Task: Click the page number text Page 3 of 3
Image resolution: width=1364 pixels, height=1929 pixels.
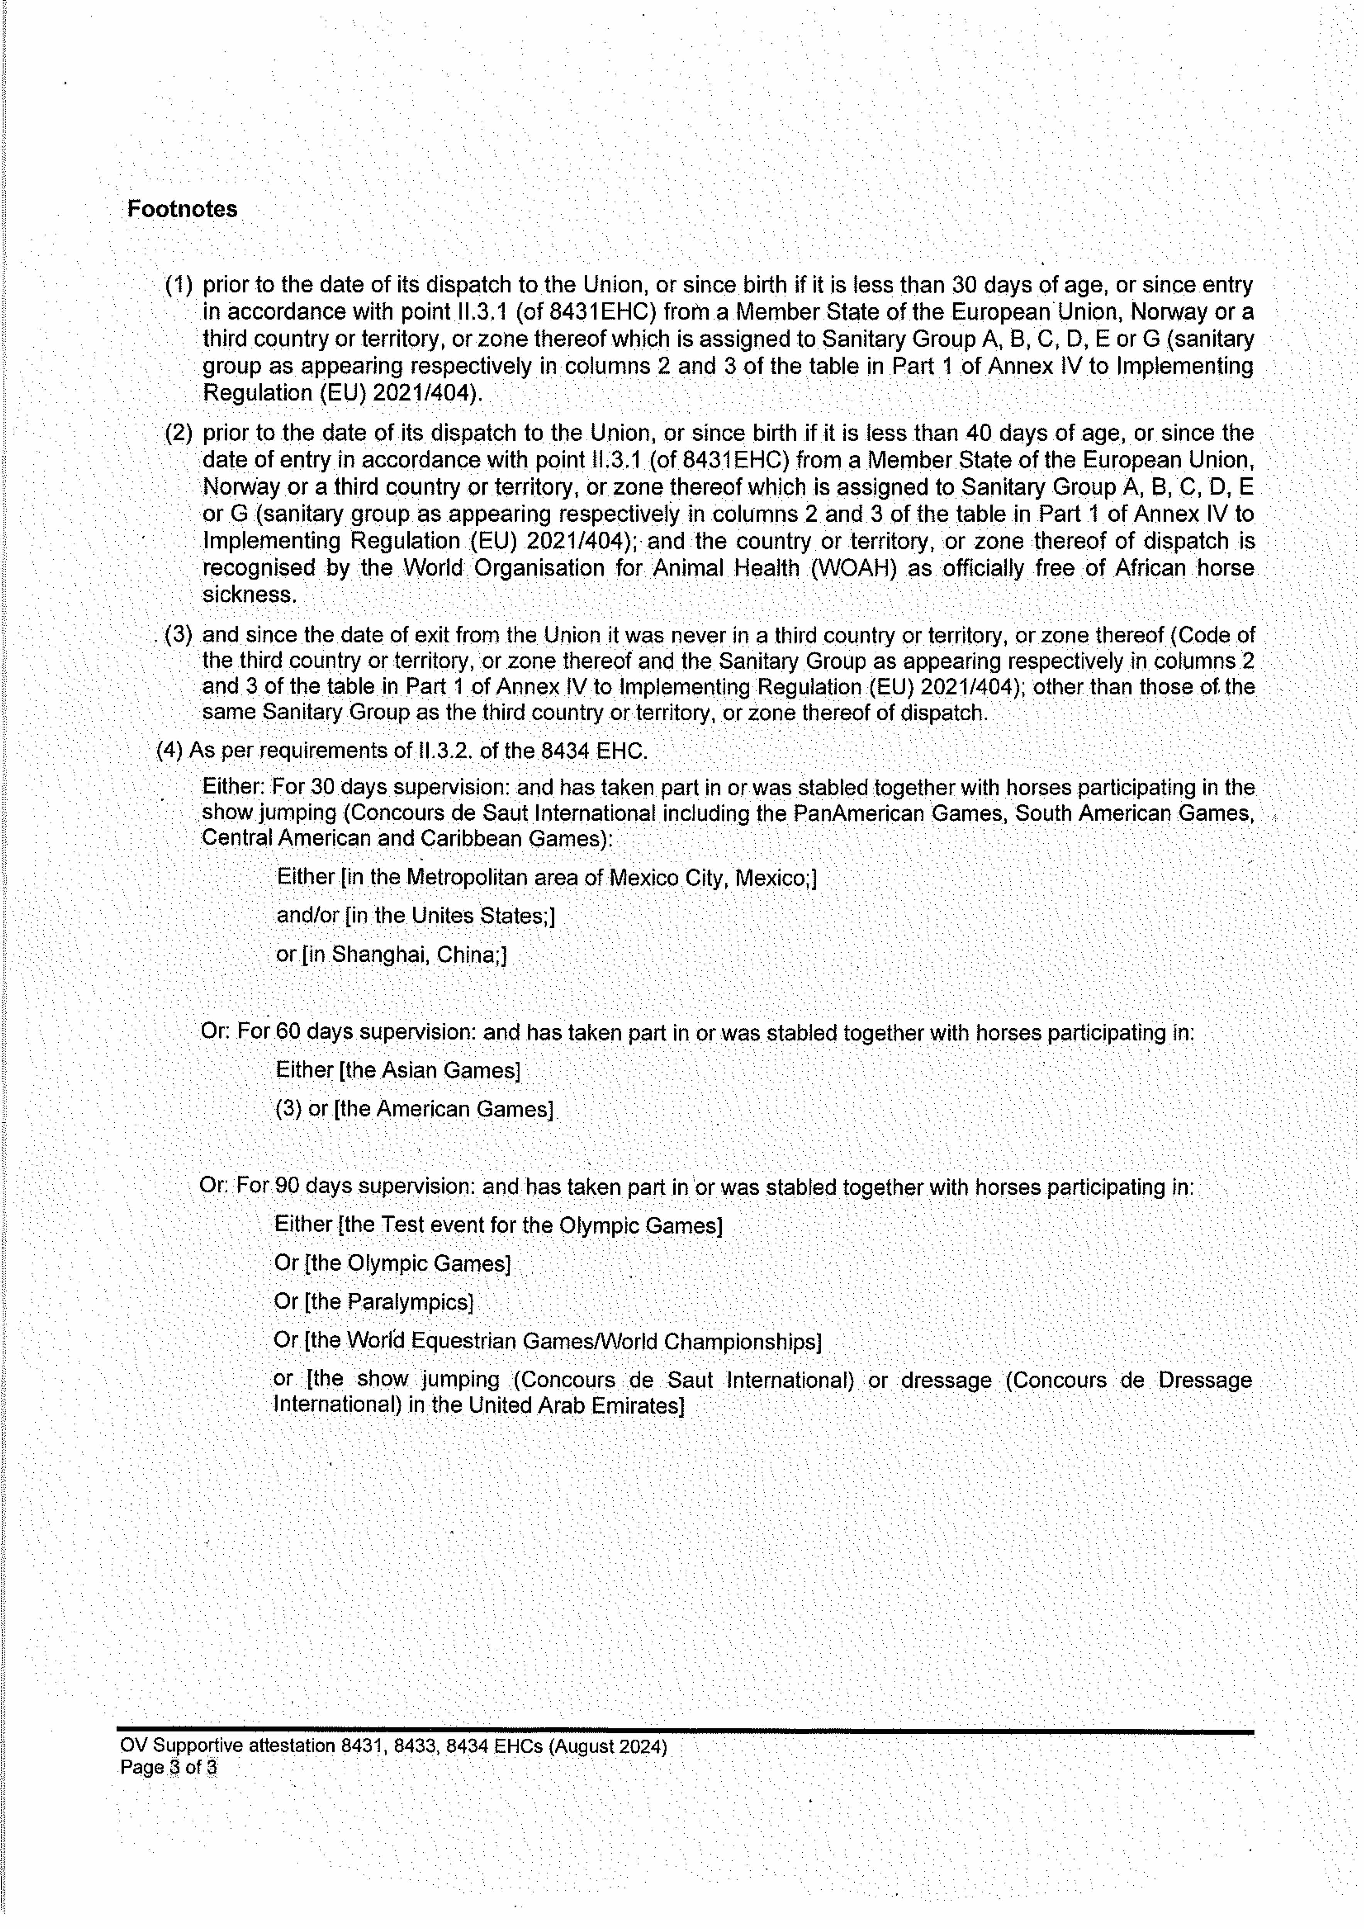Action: pyautogui.click(x=168, y=1768)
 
